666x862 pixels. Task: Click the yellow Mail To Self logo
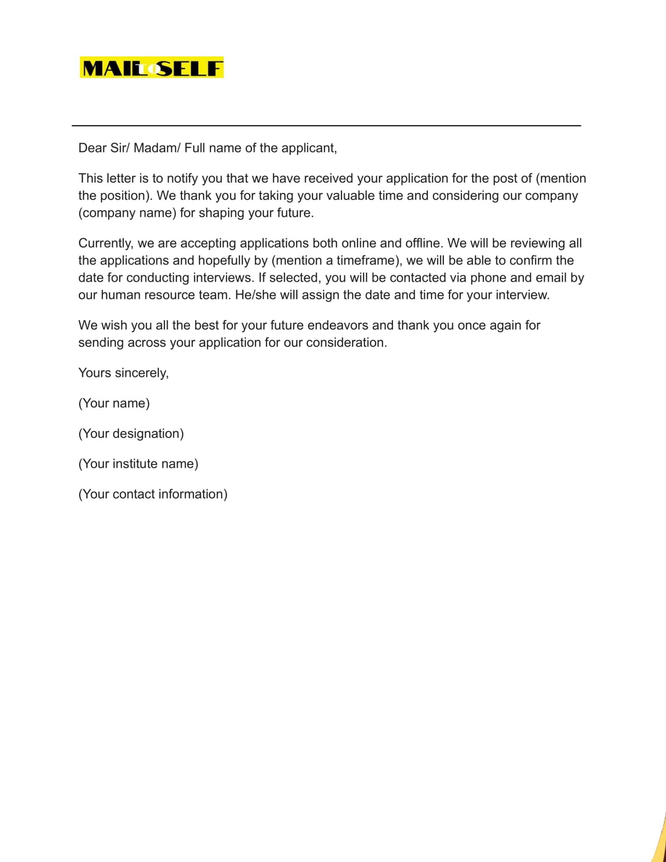point(151,68)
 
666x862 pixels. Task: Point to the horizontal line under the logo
point(326,125)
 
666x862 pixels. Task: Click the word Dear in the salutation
point(92,148)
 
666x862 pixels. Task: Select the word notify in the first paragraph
point(182,178)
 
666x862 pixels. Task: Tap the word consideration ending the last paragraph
point(346,343)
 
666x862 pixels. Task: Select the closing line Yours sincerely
point(123,373)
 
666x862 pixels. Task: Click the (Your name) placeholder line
point(114,403)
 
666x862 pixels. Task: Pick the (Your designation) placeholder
point(131,434)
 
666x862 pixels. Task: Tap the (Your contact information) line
point(153,494)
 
